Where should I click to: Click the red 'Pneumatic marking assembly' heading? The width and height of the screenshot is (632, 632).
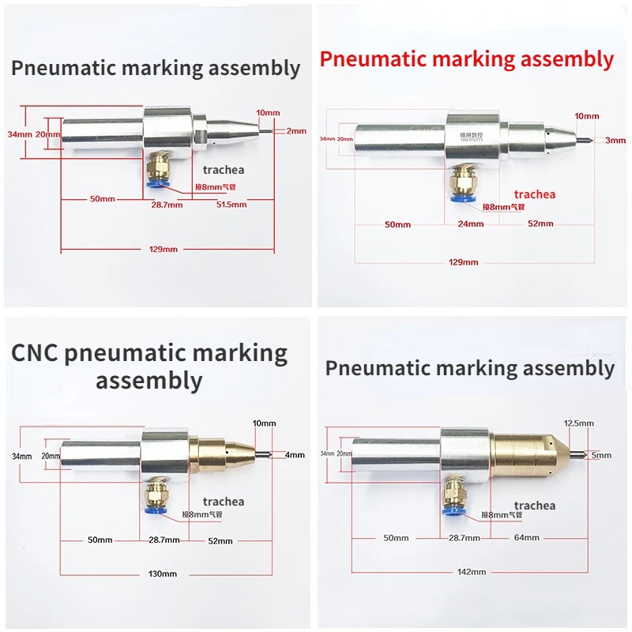pyautogui.click(x=466, y=58)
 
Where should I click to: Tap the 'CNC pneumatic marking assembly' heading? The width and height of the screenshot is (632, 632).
pyautogui.click(x=149, y=367)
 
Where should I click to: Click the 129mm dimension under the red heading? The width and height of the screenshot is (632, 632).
pyautogui.click(x=464, y=262)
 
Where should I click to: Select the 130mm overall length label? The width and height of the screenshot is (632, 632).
pyautogui.click(x=163, y=574)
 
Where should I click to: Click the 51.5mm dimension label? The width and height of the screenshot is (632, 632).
pyautogui.click(x=231, y=205)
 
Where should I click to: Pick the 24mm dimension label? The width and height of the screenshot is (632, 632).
pyautogui.click(x=471, y=224)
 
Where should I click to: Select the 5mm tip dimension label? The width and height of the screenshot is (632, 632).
pyautogui.click(x=601, y=455)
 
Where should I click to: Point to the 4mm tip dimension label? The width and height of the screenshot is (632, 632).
pyautogui.click(x=294, y=454)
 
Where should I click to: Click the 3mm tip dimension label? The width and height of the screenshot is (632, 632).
pyautogui.click(x=615, y=140)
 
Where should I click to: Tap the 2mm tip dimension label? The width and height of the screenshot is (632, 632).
pyautogui.click(x=295, y=131)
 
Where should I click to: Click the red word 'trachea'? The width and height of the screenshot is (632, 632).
pyautogui.click(x=535, y=194)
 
